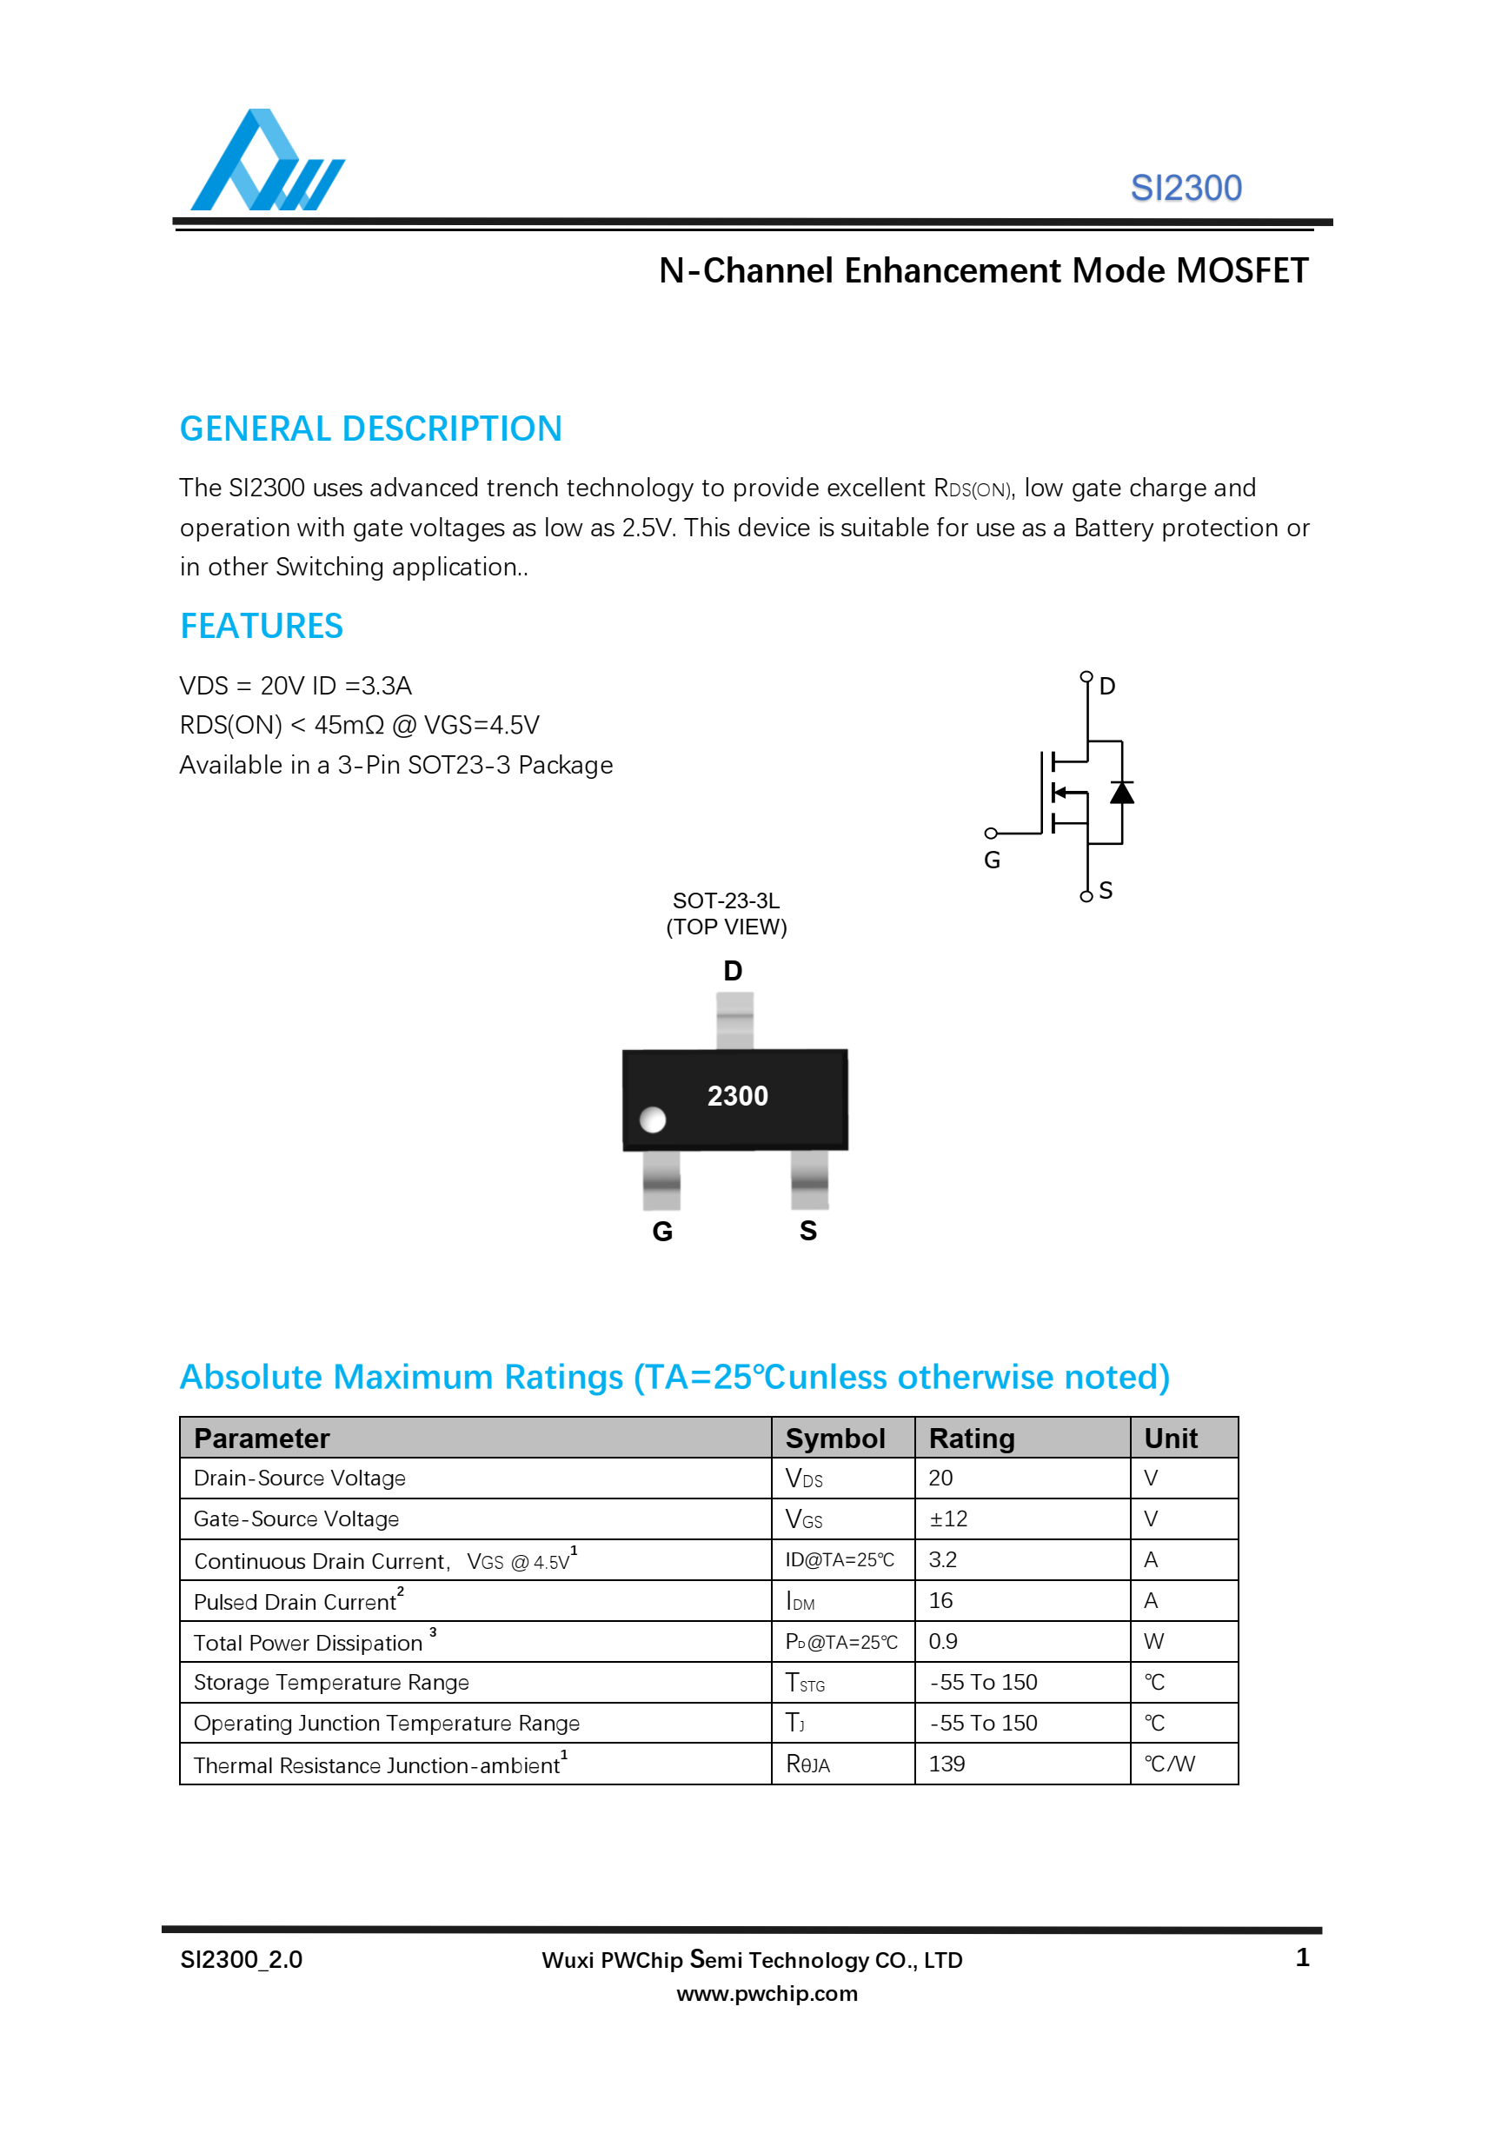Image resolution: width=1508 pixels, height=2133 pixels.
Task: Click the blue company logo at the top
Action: [267, 162]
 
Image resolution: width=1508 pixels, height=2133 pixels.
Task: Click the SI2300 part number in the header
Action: [1185, 189]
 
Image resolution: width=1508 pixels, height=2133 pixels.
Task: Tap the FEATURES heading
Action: [261, 626]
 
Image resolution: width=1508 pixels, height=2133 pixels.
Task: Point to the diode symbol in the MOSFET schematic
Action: [1121, 793]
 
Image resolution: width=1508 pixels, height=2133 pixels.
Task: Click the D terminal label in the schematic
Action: [1106, 687]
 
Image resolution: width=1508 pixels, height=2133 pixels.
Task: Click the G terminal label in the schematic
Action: [992, 861]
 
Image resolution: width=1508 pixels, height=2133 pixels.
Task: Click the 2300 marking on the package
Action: [737, 1096]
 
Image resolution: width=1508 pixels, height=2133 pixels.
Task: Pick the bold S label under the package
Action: [807, 1231]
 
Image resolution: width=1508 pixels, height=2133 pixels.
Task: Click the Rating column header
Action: [971, 1439]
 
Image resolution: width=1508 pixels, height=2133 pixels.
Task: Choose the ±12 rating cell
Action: [947, 1519]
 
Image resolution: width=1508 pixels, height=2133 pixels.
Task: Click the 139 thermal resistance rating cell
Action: [946, 1764]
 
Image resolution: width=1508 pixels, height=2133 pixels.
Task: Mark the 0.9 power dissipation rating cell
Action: [942, 1642]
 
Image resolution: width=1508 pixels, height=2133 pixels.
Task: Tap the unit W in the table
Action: [1153, 1642]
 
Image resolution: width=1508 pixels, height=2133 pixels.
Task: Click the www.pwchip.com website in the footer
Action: [767, 1994]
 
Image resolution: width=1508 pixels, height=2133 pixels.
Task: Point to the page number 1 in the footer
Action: [1302, 1957]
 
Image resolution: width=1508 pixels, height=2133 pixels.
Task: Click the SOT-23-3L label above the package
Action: [726, 901]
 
